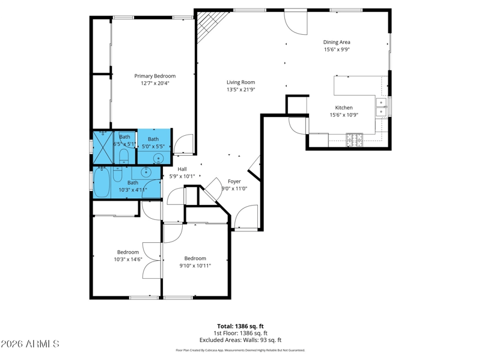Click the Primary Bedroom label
(155, 76)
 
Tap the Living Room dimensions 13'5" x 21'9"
(241, 90)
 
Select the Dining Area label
(337, 42)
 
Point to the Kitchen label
(343, 108)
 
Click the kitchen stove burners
(354, 140)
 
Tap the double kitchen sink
(381, 107)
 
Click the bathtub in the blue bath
(102, 182)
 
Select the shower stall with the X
(103, 147)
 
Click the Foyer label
(234, 182)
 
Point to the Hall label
(182, 169)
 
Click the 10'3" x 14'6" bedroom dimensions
(128, 260)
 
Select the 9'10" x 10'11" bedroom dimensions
(195, 266)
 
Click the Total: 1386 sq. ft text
(240, 326)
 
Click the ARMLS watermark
(29, 344)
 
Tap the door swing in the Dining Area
(296, 23)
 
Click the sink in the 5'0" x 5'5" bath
(158, 158)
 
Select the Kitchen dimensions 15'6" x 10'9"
(344, 115)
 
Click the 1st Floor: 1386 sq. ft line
(240, 333)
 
